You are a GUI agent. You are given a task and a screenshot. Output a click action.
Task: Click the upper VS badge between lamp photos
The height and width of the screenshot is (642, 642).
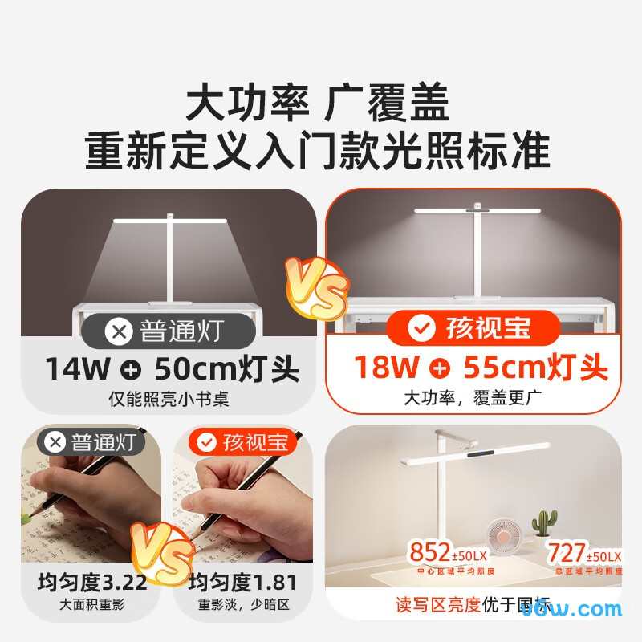(319, 288)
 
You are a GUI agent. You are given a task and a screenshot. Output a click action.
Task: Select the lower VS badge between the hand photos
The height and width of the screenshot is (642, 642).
(164, 553)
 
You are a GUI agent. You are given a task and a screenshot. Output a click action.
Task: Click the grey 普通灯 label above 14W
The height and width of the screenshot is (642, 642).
(168, 329)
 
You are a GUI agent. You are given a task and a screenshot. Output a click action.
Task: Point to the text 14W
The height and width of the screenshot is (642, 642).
(76, 368)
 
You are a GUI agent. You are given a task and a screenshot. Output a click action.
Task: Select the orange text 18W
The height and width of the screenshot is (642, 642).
(386, 368)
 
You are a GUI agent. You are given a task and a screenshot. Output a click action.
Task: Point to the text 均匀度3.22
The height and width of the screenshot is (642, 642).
(92, 582)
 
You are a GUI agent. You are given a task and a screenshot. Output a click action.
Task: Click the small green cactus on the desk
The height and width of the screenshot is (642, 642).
(545, 520)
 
